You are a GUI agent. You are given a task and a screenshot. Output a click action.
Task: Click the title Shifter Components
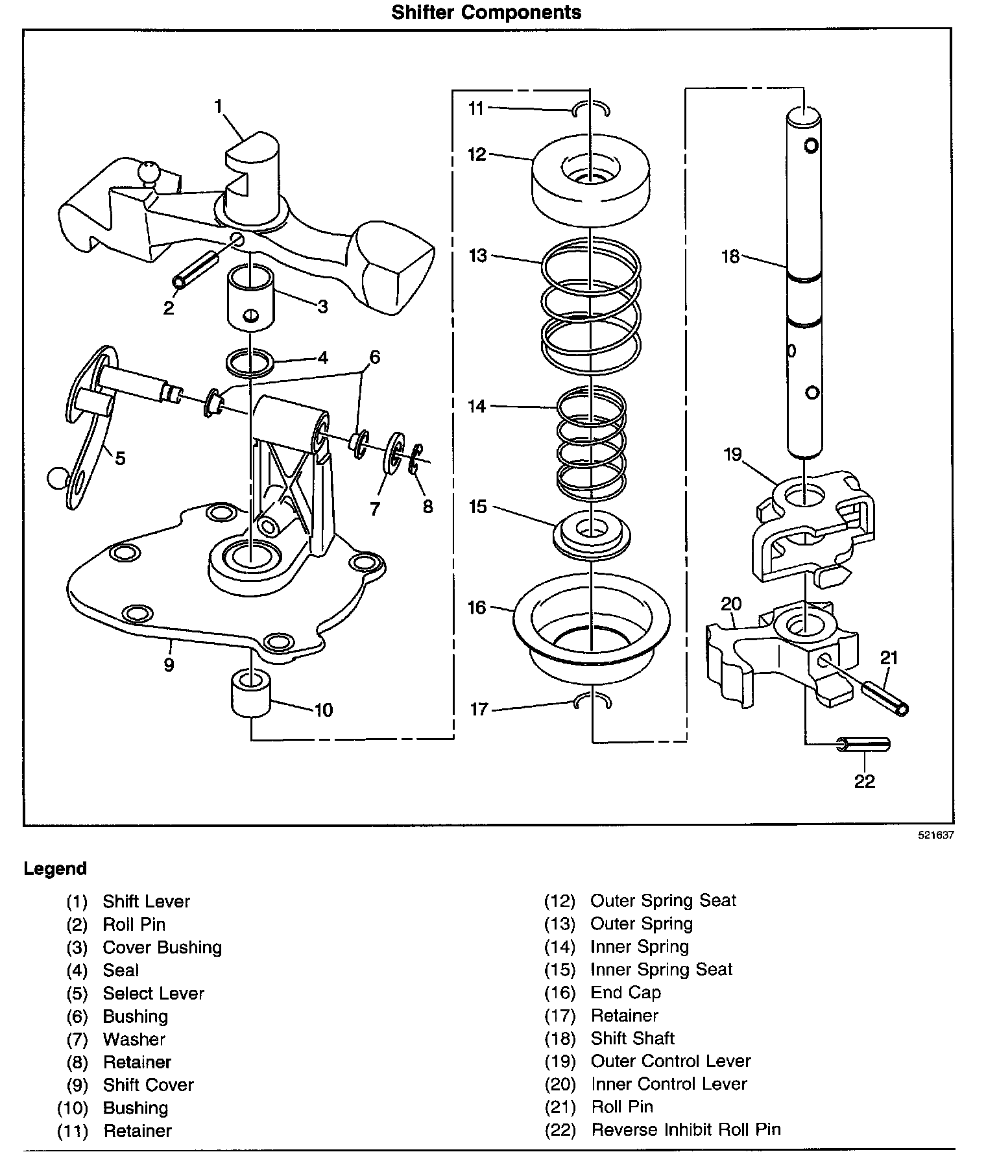pos(486,12)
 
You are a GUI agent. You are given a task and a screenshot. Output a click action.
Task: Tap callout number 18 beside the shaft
pos(730,257)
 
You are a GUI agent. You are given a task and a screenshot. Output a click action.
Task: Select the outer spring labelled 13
pos(591,306)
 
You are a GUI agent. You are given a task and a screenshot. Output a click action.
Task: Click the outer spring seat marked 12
pos(590,179)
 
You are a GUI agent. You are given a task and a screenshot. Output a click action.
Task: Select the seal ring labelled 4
pos(250,363)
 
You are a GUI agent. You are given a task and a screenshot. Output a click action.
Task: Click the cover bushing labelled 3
pos(250,298)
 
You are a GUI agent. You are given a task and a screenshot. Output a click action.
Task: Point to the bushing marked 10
pos(250,694)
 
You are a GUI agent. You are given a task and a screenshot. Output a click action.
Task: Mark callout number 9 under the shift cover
pos(169,665)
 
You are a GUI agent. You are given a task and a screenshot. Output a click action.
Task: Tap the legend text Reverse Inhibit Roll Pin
pos(686,1130)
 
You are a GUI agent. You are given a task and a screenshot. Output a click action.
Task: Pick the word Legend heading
pos(55,869)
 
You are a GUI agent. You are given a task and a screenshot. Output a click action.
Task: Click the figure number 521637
pos(935,835)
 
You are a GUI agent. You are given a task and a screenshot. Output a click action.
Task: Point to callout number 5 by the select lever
pos(120,459)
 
